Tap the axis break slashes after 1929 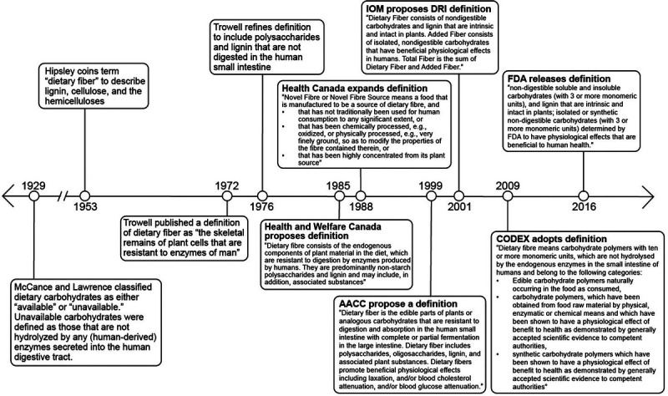pos(59,196)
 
